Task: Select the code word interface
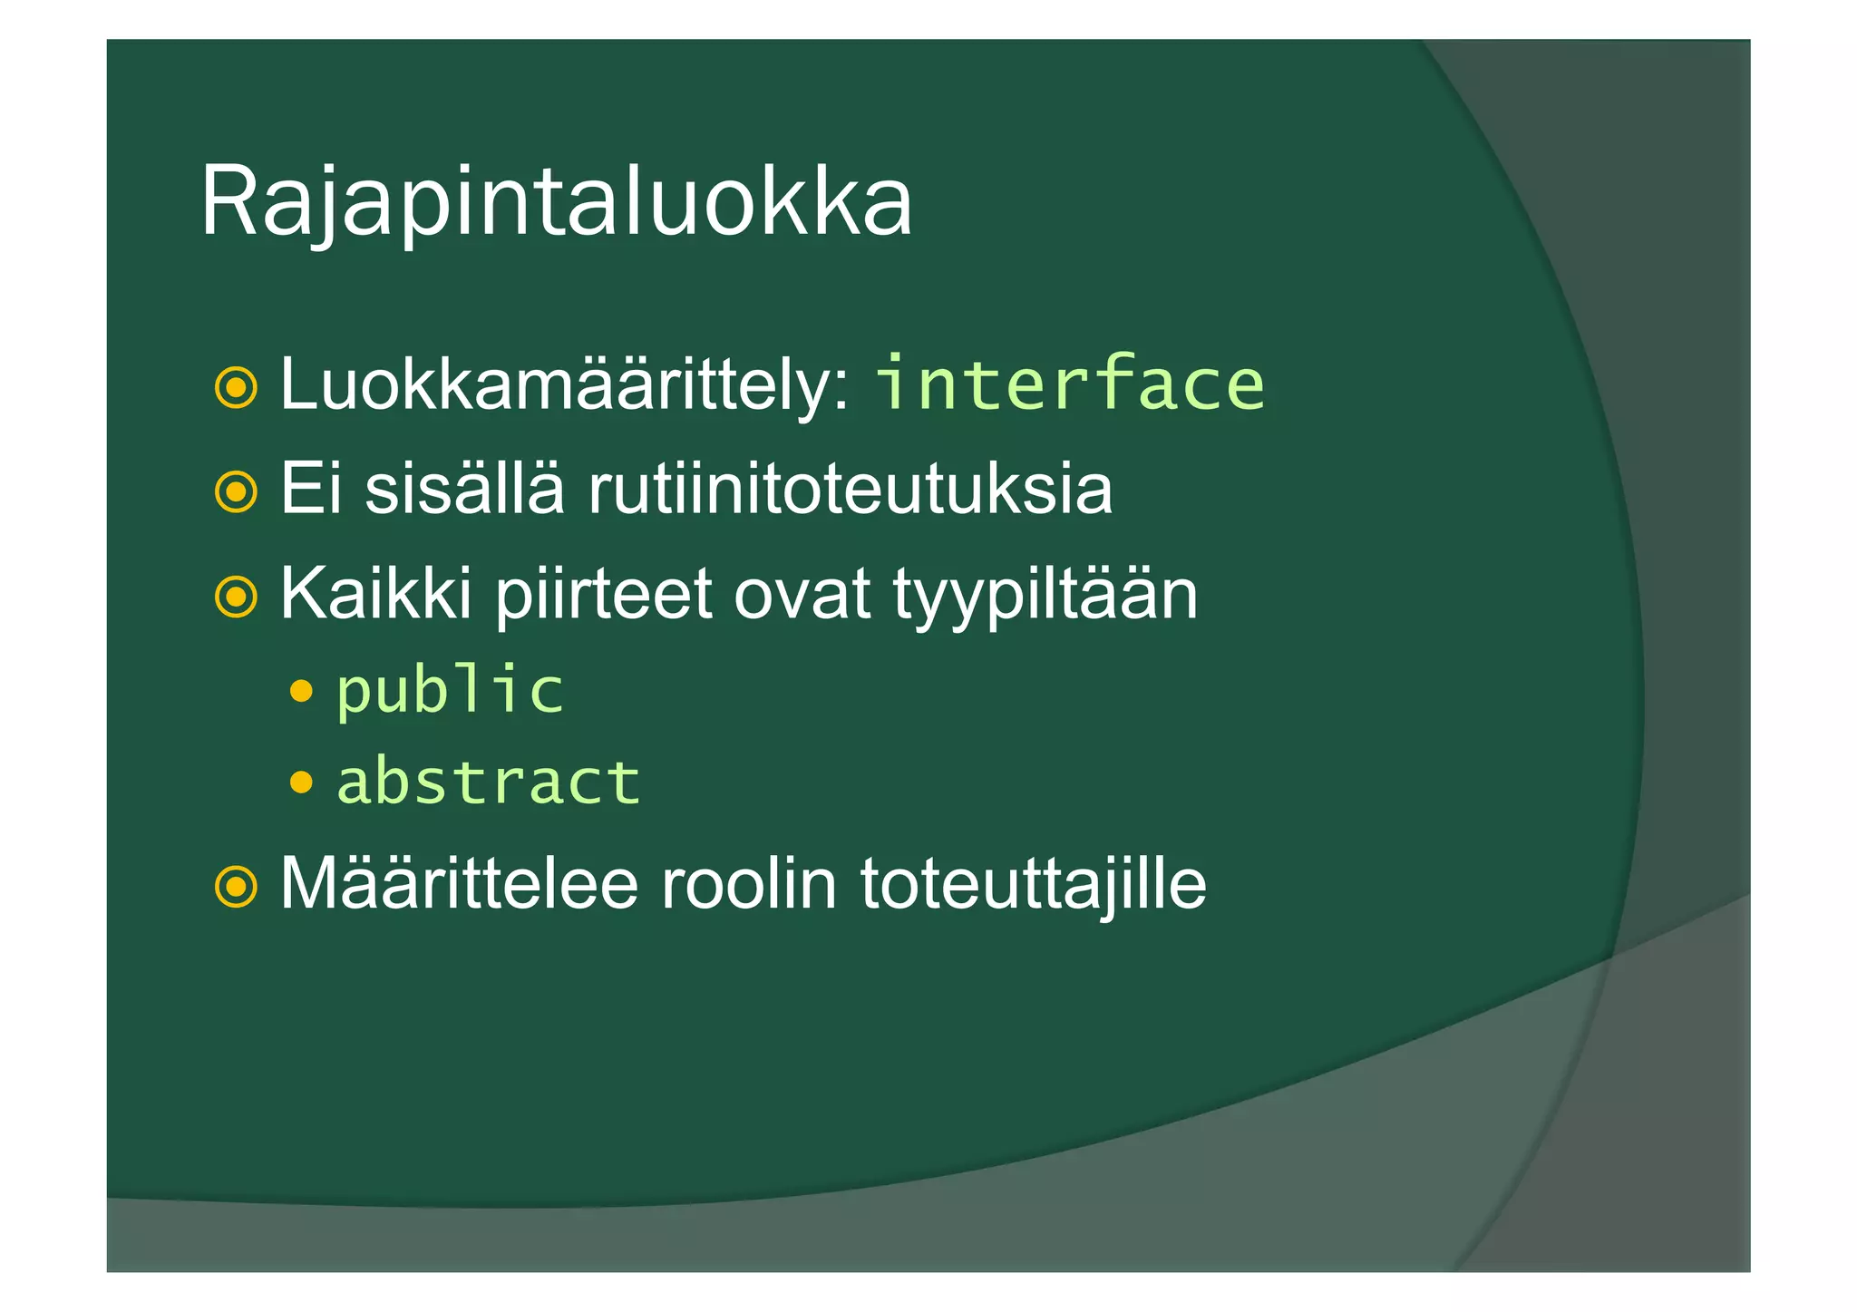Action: click(1069, 384)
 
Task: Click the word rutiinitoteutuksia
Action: click(850, 490)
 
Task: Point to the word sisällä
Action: click(464, 490)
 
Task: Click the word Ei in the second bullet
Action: click(311, 490)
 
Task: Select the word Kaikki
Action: click(375, 595)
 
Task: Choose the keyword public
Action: click(450, 692)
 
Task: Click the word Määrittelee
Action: click(459, 884)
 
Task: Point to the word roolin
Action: click(748, 884)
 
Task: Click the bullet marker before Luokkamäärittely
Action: click(236, 388)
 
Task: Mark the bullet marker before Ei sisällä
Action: click(236, 492)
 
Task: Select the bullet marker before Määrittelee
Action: click(236, 887)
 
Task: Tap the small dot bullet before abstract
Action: click(301, 781)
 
